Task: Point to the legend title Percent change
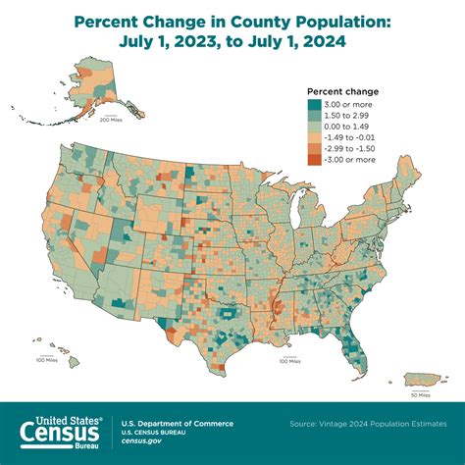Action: [x=343, y=92]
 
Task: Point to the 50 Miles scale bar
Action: [x=419, y=394]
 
